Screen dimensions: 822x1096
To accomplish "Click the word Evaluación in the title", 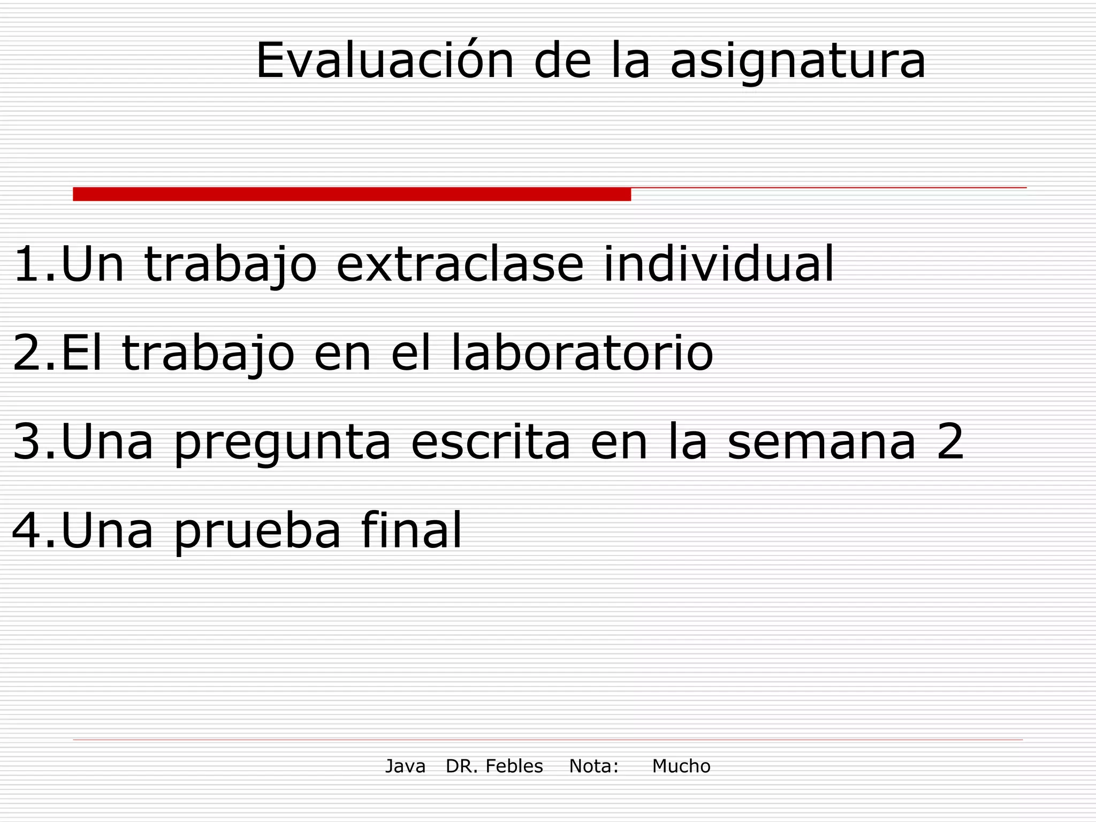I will click(x=384, y=61).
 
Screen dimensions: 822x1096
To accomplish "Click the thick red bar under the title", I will click(x=352, y=194).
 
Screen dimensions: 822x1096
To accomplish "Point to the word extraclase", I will click(x=460, y=264).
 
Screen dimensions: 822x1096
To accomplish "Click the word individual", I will click(x=718, y=264).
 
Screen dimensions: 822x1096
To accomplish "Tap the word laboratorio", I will click(x=582, y=353).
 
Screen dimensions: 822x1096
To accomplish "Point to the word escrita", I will click(x=491, y=442).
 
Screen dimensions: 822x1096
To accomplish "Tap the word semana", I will click(x=821, y=443).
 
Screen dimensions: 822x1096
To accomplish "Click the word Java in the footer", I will click(x=405, y=766).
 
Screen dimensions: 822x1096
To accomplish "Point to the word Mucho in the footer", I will click(x=681, y=766).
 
